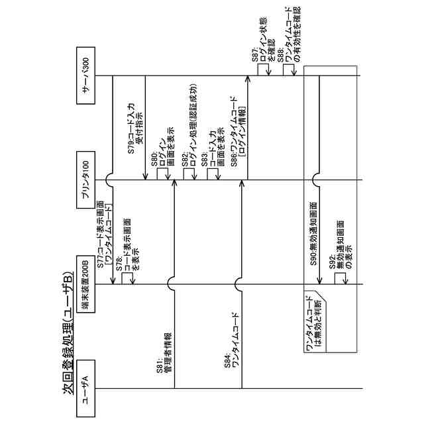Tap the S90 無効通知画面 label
click(x=313, y=232)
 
